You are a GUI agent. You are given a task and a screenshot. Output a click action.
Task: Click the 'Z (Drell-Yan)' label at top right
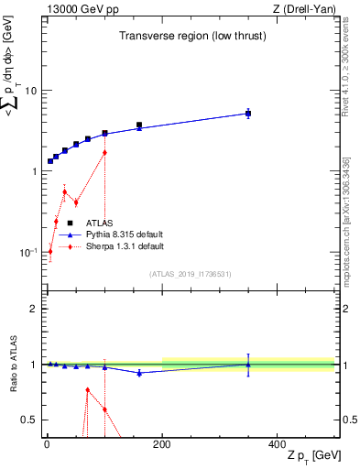[302, 9]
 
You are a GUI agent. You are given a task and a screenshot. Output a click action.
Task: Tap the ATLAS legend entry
[99, 223]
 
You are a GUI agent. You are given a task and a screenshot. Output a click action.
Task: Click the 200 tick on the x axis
[162, 445]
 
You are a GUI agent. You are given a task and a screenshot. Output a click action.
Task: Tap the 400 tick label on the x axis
[277, 445]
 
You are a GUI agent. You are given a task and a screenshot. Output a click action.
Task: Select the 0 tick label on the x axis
[47, 445]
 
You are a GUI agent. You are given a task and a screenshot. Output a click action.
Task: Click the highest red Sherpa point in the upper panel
[105, 152]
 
